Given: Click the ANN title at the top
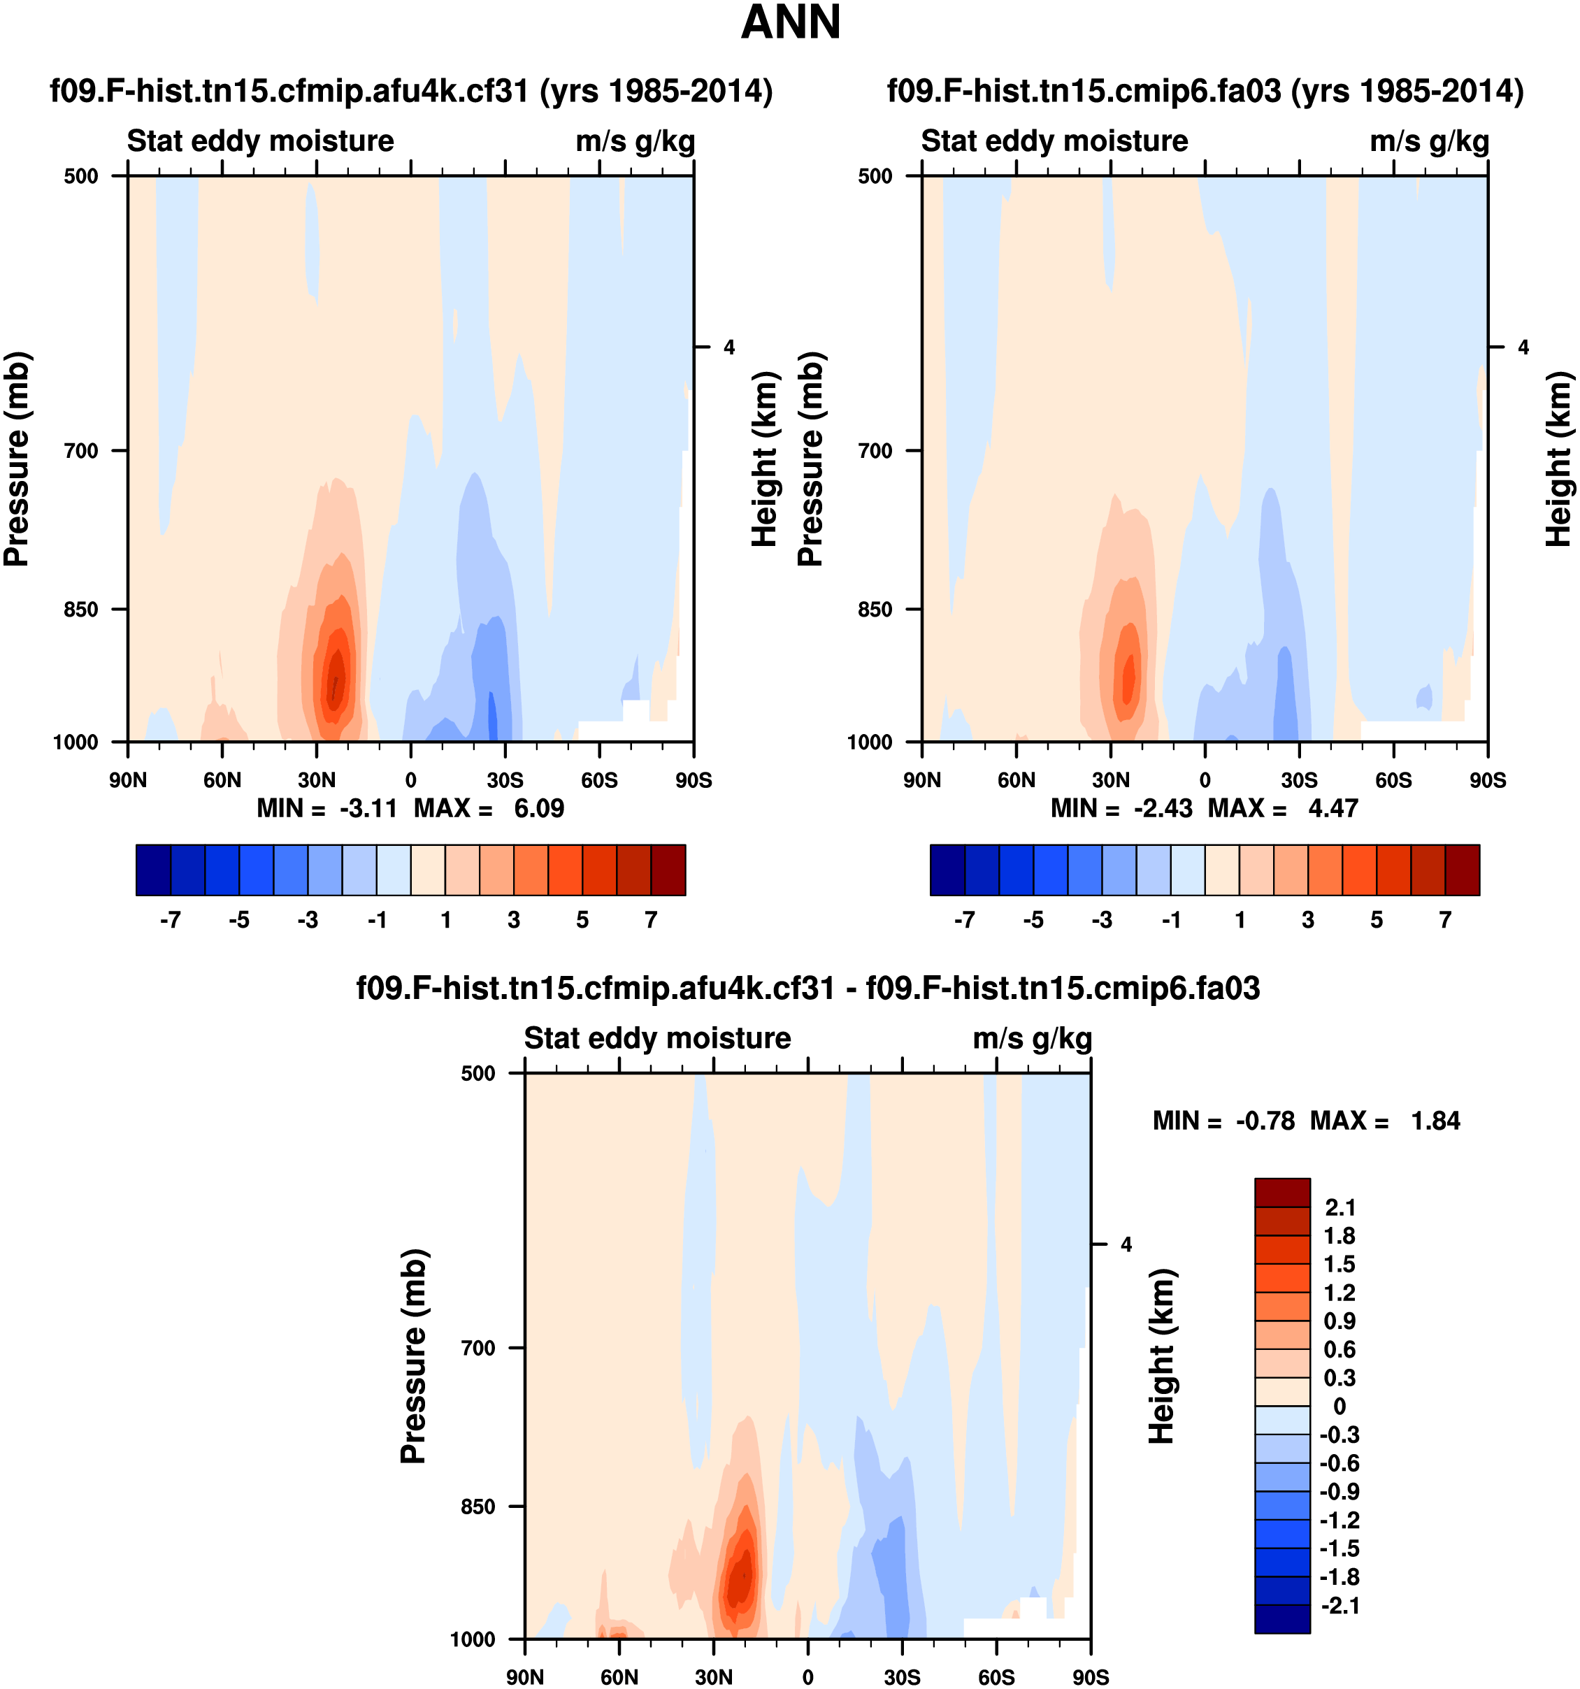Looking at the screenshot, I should click(790, 23).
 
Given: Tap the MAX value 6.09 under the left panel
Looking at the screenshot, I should click(538, 808).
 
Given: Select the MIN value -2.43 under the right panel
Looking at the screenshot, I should click(1163, 808).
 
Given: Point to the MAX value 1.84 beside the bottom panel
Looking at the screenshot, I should click(1435, 1121).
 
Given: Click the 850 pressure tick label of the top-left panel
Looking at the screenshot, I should click(82, 609).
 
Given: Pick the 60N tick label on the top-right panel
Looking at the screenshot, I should click(1016, 780).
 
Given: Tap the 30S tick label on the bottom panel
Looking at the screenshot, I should click(901, 1677).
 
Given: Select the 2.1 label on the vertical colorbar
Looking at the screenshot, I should click(1340, 1207).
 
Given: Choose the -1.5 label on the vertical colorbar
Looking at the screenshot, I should click(1339, 1548).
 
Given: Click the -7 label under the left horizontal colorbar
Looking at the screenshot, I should click(170, 920).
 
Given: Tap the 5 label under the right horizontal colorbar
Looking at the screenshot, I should click(1376, 920).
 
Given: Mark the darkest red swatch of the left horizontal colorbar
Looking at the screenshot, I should click(668, 870).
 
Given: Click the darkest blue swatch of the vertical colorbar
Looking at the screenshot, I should click(1282, 1618).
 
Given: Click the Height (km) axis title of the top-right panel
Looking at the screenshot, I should click(1558, 459).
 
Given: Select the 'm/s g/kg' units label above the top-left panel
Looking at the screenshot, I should click(635, 141).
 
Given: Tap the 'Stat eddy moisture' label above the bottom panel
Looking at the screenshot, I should click(656, 1038).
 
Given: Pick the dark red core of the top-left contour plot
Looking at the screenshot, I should click(336, 684).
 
